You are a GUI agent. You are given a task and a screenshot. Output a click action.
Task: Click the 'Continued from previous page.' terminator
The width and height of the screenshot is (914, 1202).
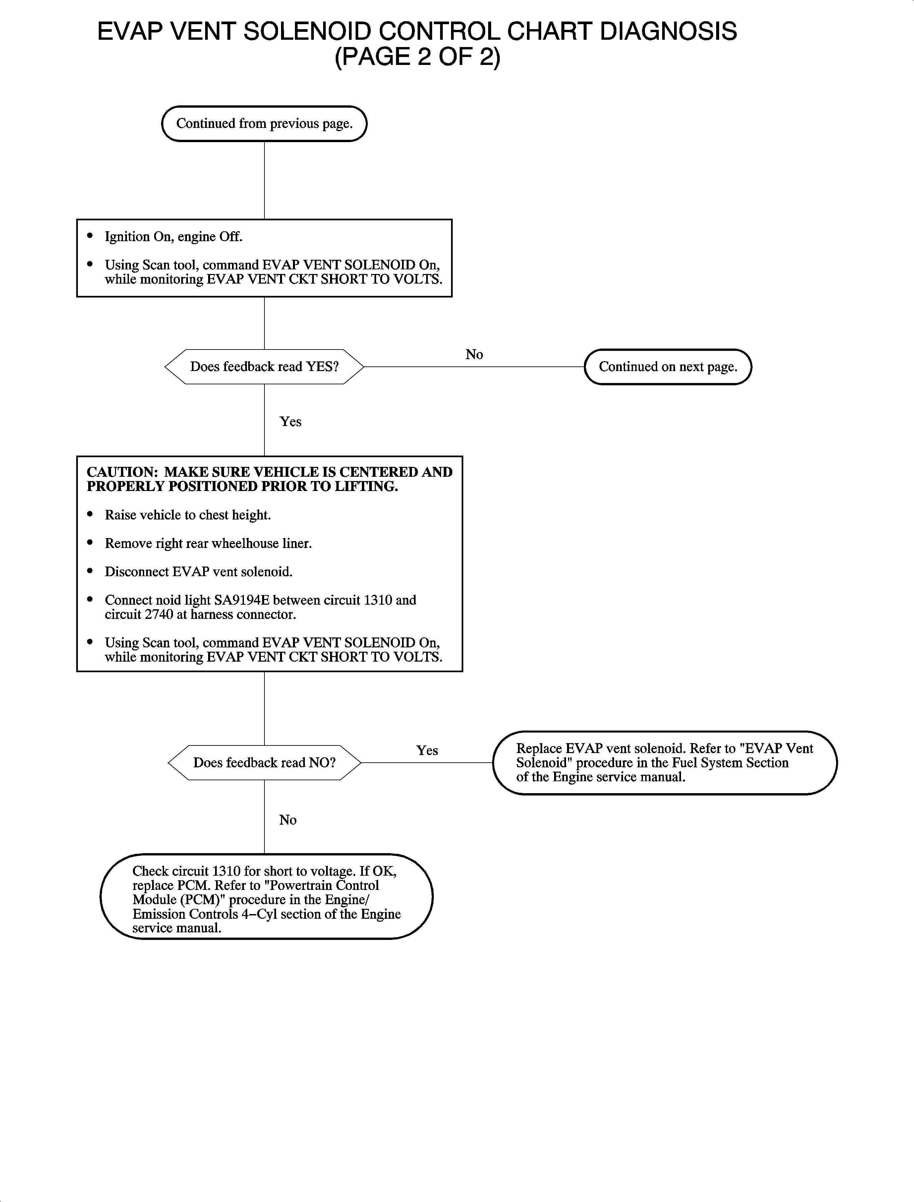pyautogui.click(x=264, y=124)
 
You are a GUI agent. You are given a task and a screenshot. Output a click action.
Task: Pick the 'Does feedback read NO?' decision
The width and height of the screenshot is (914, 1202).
pyautogui.click(x=264, y=763)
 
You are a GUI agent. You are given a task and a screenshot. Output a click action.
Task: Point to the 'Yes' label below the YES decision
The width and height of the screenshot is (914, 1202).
pyautogui.click(x=291, y=421)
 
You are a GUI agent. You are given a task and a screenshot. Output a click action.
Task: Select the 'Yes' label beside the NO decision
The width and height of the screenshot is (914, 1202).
pyautogui.click(x=427, y=750)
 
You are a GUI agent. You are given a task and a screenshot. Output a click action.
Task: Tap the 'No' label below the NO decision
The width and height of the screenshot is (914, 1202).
pyautogui.click(x=288, y=820)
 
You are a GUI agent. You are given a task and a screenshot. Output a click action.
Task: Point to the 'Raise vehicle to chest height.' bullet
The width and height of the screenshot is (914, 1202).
pyautogui.click(x=188, y=515)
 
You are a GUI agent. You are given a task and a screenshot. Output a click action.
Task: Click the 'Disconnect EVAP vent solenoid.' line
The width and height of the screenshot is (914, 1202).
pyautogui.click(x=199, y=572)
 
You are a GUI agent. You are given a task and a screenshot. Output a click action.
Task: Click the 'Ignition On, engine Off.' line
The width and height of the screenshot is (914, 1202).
pyautogui.click(x=173, y=237)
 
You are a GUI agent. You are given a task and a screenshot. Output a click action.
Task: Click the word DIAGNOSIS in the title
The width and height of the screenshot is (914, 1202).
pyautogui.click(x=668, y=31)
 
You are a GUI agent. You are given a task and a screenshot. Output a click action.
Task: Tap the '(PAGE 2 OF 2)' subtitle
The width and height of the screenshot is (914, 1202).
pyautogui.click(x=417, y=57)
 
